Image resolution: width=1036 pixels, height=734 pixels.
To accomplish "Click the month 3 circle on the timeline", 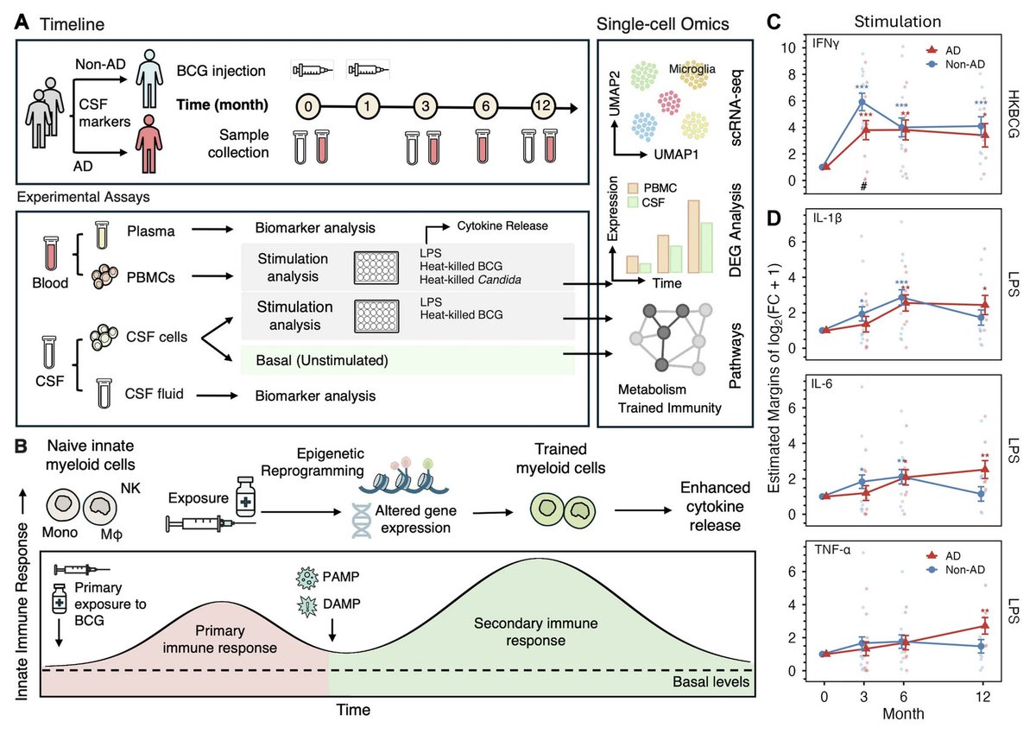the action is coord(426,106).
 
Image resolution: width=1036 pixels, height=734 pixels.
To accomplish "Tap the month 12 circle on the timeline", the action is coord(542,106).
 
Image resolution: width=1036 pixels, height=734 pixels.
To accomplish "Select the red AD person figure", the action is coord(148,144).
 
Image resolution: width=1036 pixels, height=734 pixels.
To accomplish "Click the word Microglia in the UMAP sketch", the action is coord(692,69).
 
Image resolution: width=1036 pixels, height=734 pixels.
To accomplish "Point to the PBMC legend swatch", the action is coord(633,187).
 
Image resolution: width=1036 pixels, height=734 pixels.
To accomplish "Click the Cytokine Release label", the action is coord(502,225).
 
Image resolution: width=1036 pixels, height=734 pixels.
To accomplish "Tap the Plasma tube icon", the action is coord(102,235).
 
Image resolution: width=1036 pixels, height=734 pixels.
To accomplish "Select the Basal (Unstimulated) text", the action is coord(322,360).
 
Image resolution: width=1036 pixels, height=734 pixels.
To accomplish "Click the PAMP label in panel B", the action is coord(341,577).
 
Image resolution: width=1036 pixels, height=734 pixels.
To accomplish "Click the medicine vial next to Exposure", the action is coord(245,497).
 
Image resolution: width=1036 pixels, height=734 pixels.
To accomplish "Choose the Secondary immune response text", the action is coord(535,632).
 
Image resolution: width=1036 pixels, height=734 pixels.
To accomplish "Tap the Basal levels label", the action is coord(711,681).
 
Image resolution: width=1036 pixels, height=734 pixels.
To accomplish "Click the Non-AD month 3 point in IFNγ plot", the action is coord(862,102).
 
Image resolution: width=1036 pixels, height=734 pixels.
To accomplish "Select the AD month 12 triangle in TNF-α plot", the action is coord(985,626).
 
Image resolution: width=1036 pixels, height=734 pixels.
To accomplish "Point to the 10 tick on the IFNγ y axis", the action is coord(788,47).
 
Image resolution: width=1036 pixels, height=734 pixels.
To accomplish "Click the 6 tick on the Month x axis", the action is coord(903,696).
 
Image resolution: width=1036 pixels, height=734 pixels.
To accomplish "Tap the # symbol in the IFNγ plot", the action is coord(863,187).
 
